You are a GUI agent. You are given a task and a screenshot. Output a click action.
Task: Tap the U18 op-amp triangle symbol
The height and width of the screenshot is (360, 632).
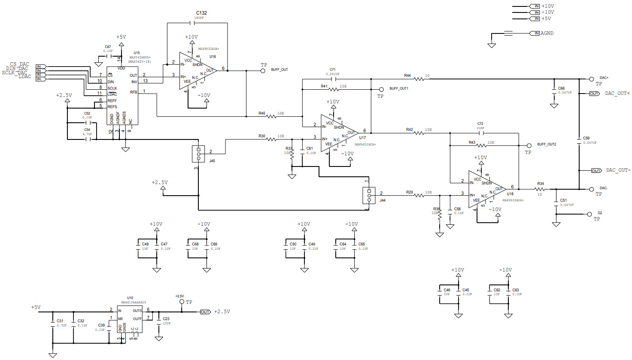coord(486,189)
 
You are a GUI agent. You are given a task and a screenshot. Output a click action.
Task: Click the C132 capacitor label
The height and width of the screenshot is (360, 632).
coord(201,13)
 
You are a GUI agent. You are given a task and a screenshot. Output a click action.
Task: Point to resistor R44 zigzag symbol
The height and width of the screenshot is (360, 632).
coord(419,79)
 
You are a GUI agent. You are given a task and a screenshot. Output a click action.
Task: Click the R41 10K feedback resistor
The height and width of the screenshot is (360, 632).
coord(334,89)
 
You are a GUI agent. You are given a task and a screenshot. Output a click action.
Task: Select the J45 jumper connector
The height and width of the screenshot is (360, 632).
coord(198,154)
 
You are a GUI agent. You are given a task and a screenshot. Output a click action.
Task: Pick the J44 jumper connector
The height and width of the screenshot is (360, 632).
coord(369,196)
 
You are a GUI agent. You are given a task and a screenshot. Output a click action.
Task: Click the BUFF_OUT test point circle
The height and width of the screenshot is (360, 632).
coord(263,71)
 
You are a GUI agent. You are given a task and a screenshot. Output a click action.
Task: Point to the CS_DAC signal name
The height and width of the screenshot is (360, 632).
coord(20,64)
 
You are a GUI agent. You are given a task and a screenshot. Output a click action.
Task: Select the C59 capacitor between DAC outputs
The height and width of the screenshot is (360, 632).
coord(579,140)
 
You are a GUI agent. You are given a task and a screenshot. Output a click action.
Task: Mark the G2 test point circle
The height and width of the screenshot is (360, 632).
coord(589,214)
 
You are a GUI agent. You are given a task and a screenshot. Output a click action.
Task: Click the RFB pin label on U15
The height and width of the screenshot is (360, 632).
coord(134,92)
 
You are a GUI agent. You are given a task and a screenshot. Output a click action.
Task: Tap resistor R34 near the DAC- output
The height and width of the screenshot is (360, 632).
coord(540,189)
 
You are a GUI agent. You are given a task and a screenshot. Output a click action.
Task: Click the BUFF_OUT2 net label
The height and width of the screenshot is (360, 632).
coord(546,144)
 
